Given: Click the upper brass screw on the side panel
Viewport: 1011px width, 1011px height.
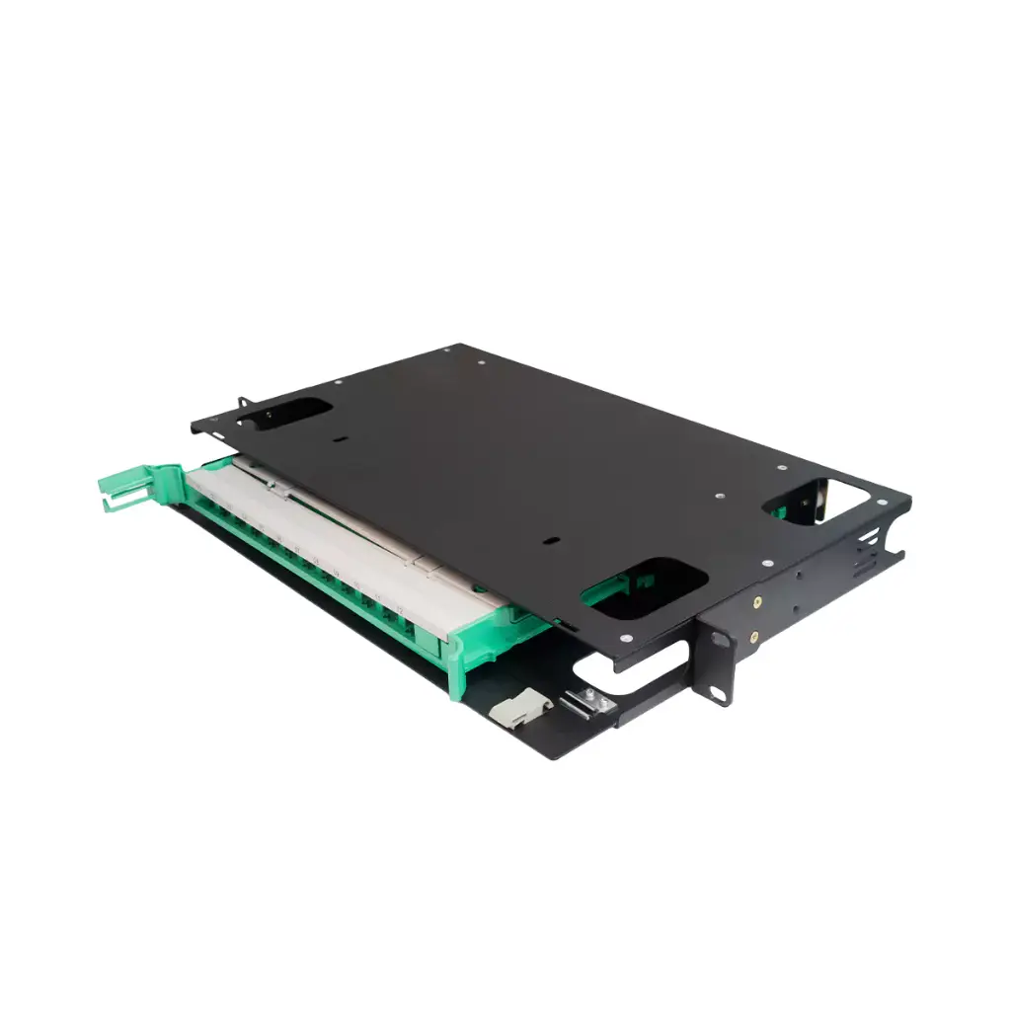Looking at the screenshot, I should pos(756,599).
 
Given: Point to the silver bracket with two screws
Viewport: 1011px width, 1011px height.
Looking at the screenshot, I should pos(584,703).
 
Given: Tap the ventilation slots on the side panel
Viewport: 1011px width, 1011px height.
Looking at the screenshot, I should pos(868,553).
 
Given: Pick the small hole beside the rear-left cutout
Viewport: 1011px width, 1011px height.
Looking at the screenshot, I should pos(339,437).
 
